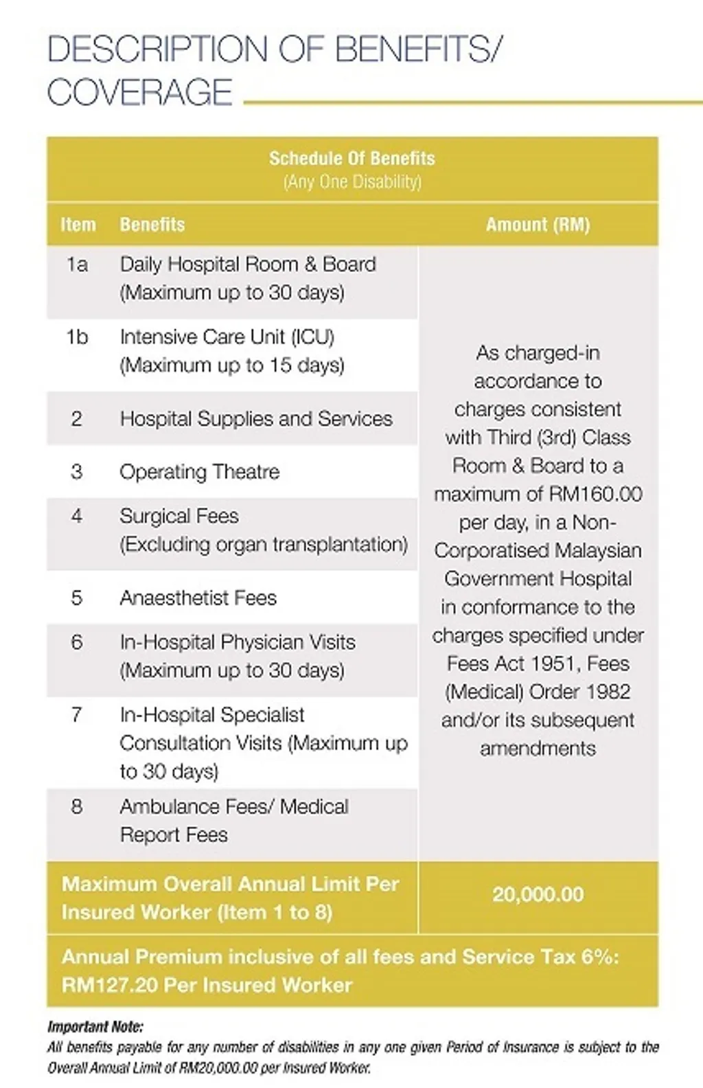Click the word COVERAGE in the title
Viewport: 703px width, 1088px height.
click(140, 92)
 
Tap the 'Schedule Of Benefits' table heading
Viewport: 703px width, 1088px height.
click(351, 159)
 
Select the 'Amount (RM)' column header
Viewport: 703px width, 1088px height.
click(538, 225)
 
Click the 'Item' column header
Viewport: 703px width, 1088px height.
click(78, 225)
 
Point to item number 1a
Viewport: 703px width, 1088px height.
click(77, 264)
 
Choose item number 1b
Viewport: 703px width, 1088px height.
click(77, 337)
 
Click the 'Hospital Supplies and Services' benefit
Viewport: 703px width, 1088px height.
click(255, 419)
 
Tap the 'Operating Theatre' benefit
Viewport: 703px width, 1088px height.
click(199, 472)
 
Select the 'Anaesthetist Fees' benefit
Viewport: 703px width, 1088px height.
click(198, 598)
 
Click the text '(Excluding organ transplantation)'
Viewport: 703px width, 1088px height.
click(263, 545)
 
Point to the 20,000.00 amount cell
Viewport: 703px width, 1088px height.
click(538, 894)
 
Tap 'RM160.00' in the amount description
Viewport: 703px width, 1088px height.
click(595, 494)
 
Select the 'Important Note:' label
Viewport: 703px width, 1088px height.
click(95, 1028)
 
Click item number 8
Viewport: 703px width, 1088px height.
click(77, 806)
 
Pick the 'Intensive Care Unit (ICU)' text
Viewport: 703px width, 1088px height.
click(227, 337)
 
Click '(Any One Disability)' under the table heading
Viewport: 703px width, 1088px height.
click(351, 182)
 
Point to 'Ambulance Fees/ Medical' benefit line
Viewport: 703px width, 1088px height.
click(233, 806)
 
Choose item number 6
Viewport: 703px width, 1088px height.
click(77, 642)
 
